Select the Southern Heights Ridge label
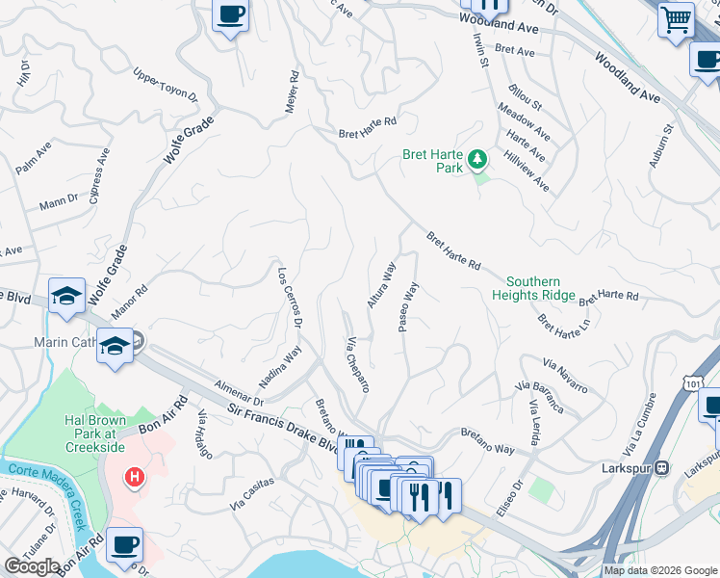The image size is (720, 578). pos(533,288)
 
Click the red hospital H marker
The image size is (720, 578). pos(136,477)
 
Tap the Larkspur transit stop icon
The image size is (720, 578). pos(662,468)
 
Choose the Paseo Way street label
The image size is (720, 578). pos(409,306)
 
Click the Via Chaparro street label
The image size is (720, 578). pos(357,364)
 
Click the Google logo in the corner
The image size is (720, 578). pos(33,566)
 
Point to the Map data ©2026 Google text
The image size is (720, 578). pos(660,570)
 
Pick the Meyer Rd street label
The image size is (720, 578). pos(292,92)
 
